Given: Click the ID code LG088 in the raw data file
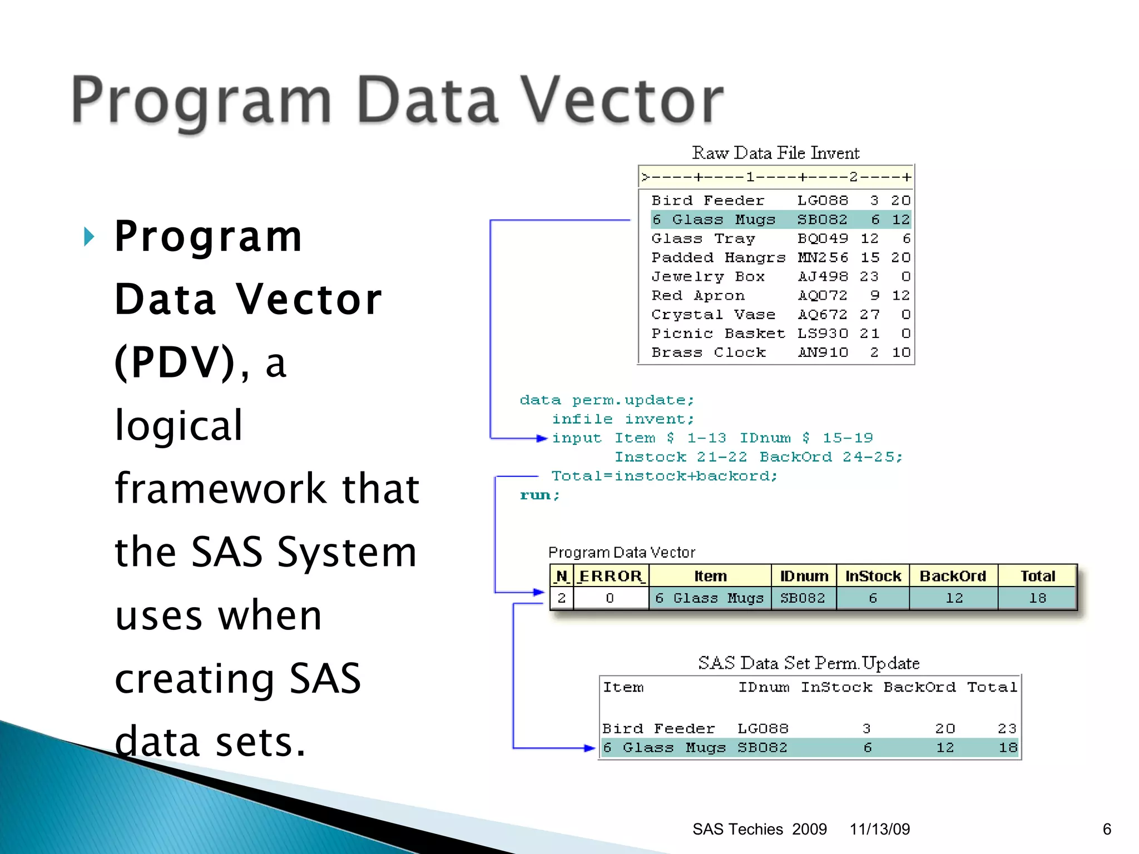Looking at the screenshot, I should coord(823,200).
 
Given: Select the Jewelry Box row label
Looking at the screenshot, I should coord(708,276).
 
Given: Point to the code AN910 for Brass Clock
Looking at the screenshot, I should coord(823,352).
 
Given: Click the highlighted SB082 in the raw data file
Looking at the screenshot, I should coord(822,220).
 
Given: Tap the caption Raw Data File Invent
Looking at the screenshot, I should coord(775,153).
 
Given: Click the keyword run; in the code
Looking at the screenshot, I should coord(539,495).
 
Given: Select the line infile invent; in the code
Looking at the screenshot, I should coord(622,419).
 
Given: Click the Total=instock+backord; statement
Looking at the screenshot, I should coord(664,476).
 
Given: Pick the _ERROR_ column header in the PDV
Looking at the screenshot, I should coord(611,576).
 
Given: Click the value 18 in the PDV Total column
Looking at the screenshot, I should coord(1037,598).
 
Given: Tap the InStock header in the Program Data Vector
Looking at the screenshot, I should coord(873,576).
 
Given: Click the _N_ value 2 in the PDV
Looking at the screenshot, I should coord(561,598).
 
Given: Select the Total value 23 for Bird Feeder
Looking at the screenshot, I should coord(1007,728).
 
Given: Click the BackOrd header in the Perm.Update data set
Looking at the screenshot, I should coord(919,687).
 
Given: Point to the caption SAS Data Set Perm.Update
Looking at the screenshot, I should coord(809,663).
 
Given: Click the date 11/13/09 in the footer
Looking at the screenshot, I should coord(879,829).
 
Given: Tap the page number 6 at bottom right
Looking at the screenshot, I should coord(1107,829).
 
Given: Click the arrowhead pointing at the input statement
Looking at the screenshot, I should coord(542,438).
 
